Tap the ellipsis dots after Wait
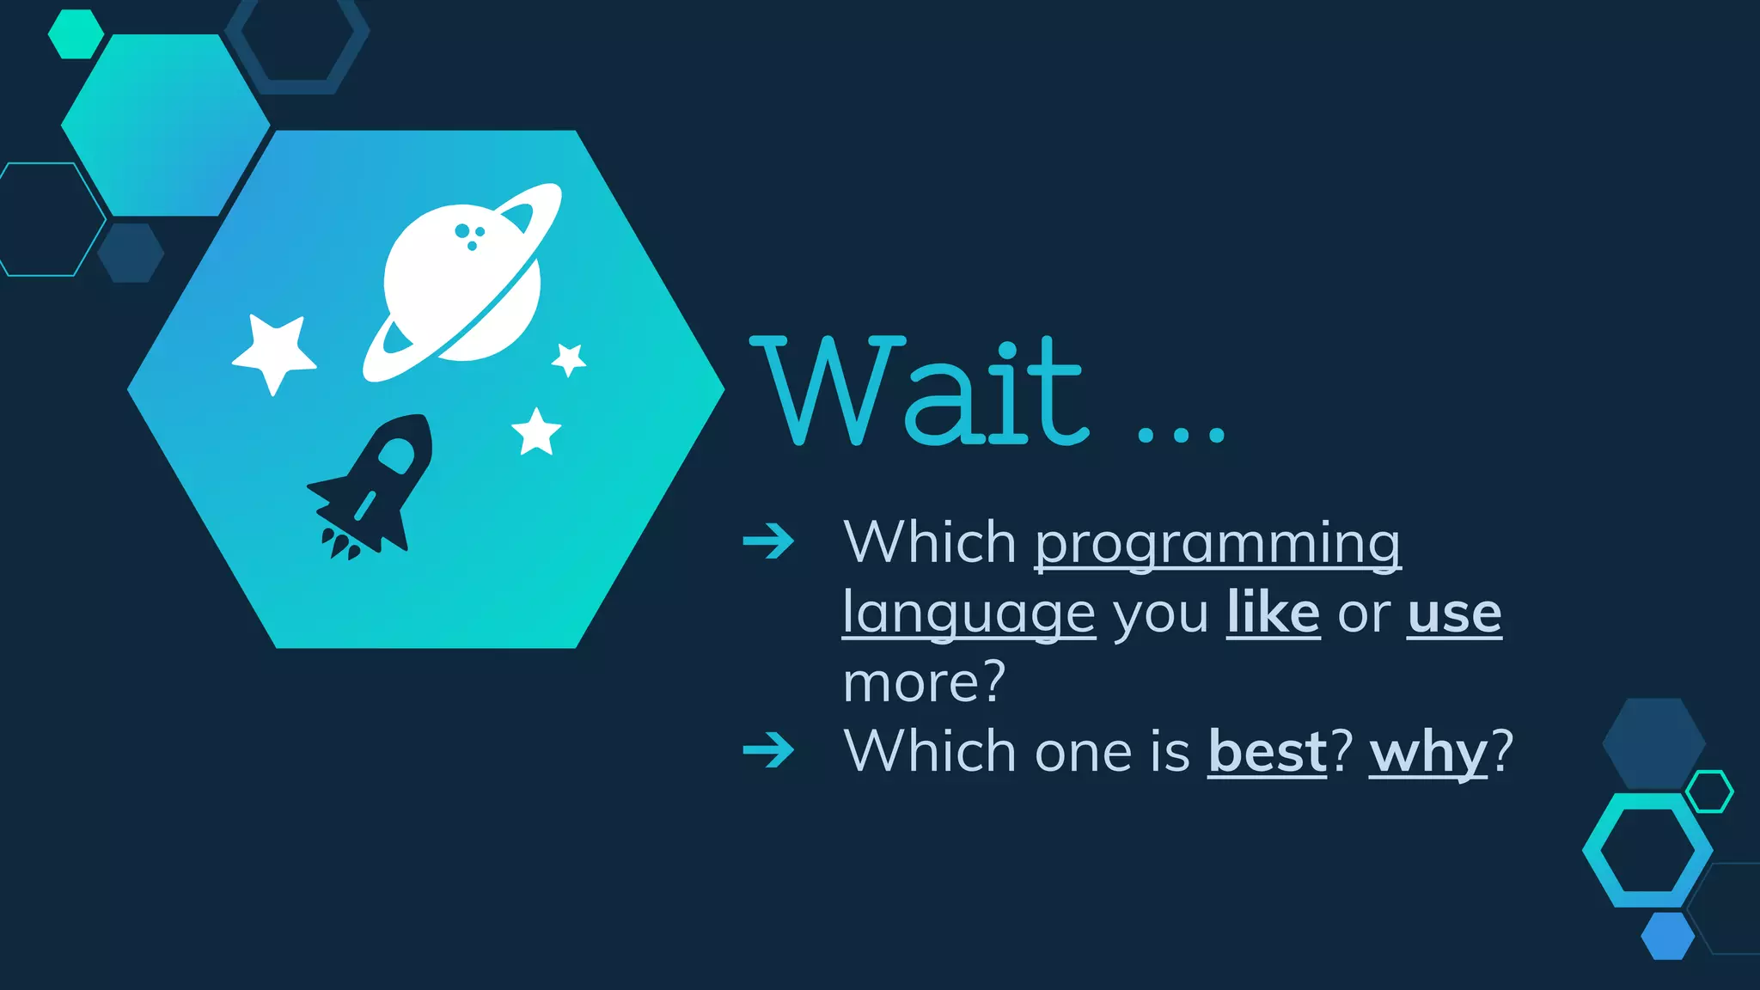[1181, 434]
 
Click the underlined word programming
[1217, 544]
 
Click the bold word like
[1273, 613]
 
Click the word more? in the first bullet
[924, 682]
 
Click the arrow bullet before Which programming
[768, 541]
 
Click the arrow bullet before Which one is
[768, 749]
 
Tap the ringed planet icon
[462, 282]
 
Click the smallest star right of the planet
[569, 359]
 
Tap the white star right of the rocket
[536, 432]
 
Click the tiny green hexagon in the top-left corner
[76, 34]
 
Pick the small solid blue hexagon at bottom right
[1667, 936]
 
